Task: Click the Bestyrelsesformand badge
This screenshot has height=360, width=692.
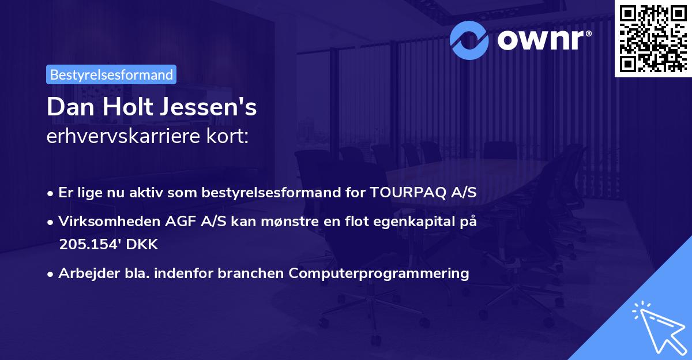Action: (x=111, y=74)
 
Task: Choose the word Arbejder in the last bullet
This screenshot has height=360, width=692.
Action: (x=84, y=273)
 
